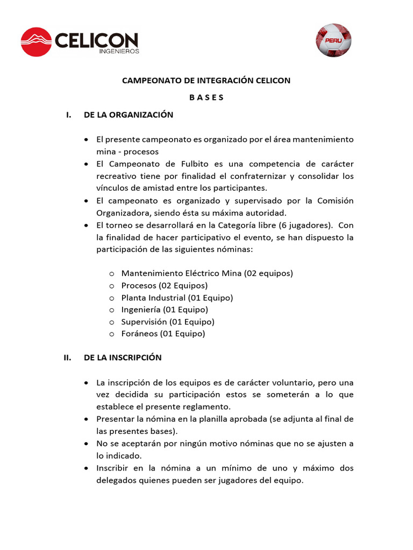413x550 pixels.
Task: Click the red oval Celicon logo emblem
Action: pyautogui.click(x=36, y=41)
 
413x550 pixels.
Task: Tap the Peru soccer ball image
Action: pyautogui.click(x=333, y=40)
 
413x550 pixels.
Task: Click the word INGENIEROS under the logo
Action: pyautogui.click(x=119, y=52)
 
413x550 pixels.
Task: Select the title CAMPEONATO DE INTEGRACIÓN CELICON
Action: pyautogui.click(x=206, y=81)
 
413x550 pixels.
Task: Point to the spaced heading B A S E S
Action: pyautogui.click(x=206, y=98)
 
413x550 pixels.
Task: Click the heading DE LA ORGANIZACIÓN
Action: pyautogui.click(x=129, y=115)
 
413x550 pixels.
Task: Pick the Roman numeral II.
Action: pyautogui.click(x=67, y=358)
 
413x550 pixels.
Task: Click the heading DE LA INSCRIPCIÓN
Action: pyautogui.click(x=123, y=358)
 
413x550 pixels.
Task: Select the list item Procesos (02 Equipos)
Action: pyautogui.click(x=164, y=285)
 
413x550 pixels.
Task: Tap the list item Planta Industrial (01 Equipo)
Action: pyautogui.click(x=177, y=298)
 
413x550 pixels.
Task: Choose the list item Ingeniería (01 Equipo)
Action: pyautogui.click(x=165, y=309)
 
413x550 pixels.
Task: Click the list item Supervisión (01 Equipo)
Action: pyautogui.click(x=168, y=322)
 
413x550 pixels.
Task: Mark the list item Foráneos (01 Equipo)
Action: pyautogui.click(x=163, y=334)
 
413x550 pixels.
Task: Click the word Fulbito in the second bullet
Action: pyautogui.click(x=198, y=164)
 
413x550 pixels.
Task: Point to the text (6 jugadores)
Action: pyautogui.click(x=300, y=225)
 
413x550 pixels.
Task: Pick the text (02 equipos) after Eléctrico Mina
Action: pyautogui.click(x=268, y=273)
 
